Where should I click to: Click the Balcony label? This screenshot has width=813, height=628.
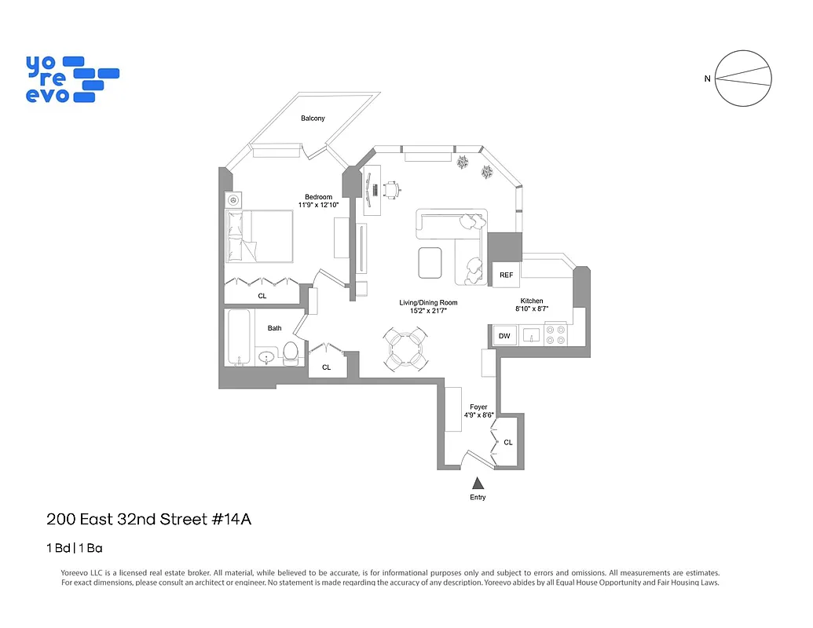click(x=313, y=119)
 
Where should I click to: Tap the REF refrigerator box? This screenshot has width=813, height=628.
click(x=506, y=275)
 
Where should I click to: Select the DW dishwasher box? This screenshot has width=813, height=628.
click(x=504, y=336)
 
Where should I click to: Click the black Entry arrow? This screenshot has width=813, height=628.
click(x=478, y=484)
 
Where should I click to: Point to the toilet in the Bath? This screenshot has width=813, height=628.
click(x=291, y=352)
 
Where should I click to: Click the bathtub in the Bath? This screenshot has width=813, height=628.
click(x=240, y=338)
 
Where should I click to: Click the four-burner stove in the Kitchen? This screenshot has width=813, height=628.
click(x=555, y=335)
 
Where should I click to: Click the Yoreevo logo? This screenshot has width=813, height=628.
click(x=71, y=78)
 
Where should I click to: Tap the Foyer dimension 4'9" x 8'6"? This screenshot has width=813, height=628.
click(x=478, y=415)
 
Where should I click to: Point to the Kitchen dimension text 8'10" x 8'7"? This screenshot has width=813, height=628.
click(x=532, y=309)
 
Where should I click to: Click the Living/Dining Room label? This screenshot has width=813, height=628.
click(x=428, y=302)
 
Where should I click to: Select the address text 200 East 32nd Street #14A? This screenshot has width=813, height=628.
click(x=148, y=519)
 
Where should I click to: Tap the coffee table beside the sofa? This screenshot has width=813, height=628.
click(x=430, y=262)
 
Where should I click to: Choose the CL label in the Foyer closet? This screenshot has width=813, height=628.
click(x=508, y=443)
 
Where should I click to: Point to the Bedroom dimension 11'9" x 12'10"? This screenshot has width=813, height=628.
click(x=319, y=205)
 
